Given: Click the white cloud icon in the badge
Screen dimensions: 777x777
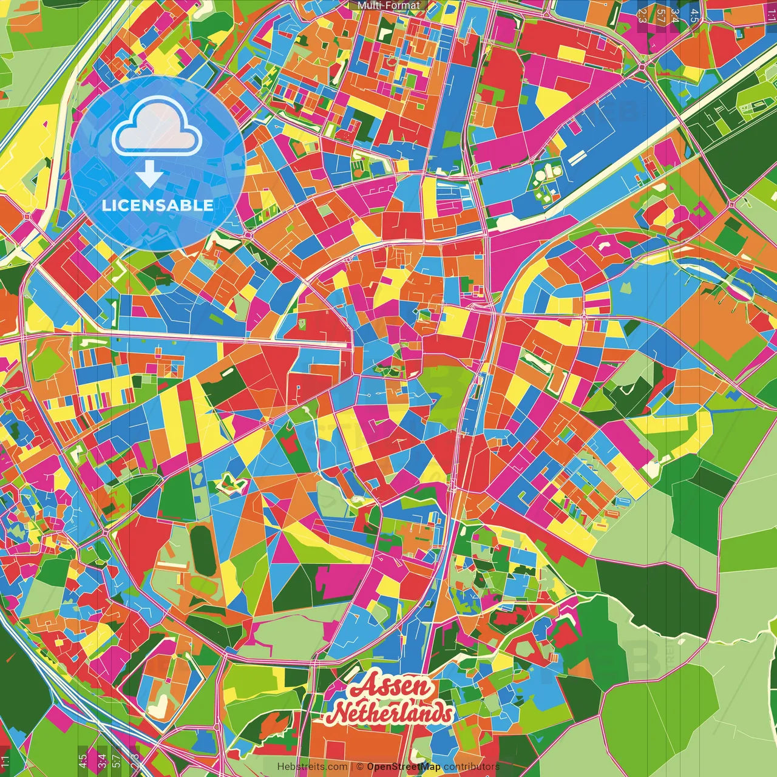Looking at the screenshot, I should [157, 126].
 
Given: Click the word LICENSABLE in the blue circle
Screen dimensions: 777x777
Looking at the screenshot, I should [157, 205].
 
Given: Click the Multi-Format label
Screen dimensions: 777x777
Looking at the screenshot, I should [388, 5].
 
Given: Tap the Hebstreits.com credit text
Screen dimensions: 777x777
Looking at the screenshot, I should [313, 767].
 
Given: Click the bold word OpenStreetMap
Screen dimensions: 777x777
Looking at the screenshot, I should [404, 767].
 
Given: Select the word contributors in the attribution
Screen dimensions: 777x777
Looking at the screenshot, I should [472, 767].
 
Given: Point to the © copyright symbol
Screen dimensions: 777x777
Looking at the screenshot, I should [359, 767].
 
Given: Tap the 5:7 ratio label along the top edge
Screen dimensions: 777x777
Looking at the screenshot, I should [660, 15].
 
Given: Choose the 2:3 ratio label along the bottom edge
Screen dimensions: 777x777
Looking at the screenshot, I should [134, 760].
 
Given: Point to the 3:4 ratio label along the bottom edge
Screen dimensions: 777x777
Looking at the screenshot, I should [101, 760].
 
